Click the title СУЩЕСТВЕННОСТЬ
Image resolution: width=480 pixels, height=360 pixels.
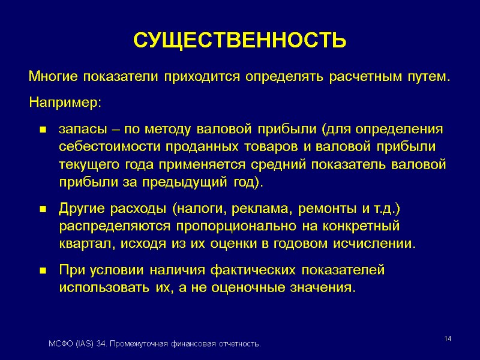click(239, 40)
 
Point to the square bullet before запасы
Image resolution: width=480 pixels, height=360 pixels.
click(43, 130)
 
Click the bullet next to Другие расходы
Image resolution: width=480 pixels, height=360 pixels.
click(43, 209)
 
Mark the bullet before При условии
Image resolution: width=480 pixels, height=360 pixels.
click(43, 271)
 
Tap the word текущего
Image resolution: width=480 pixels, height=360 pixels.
click(86, 165)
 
